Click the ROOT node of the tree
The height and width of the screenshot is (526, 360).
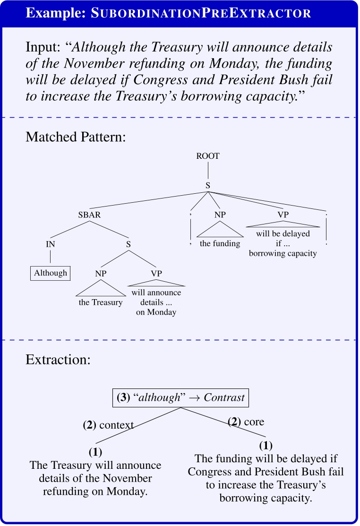point(208,156)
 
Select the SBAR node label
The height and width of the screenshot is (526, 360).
point(90,215)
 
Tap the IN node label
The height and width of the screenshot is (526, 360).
point(51,244)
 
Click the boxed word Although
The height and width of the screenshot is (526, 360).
point(51,273)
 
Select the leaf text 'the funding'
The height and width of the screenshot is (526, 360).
point(220,244)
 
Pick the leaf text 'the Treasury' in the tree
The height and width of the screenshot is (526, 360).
point(100,302)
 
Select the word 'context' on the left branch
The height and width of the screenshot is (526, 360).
point(116,425)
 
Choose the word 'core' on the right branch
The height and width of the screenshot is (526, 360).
point(254,422)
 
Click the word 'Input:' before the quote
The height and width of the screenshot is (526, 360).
point(44,48)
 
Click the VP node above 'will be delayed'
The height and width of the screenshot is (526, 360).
point(283,215)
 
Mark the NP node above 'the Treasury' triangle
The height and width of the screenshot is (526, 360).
point(100,273)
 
